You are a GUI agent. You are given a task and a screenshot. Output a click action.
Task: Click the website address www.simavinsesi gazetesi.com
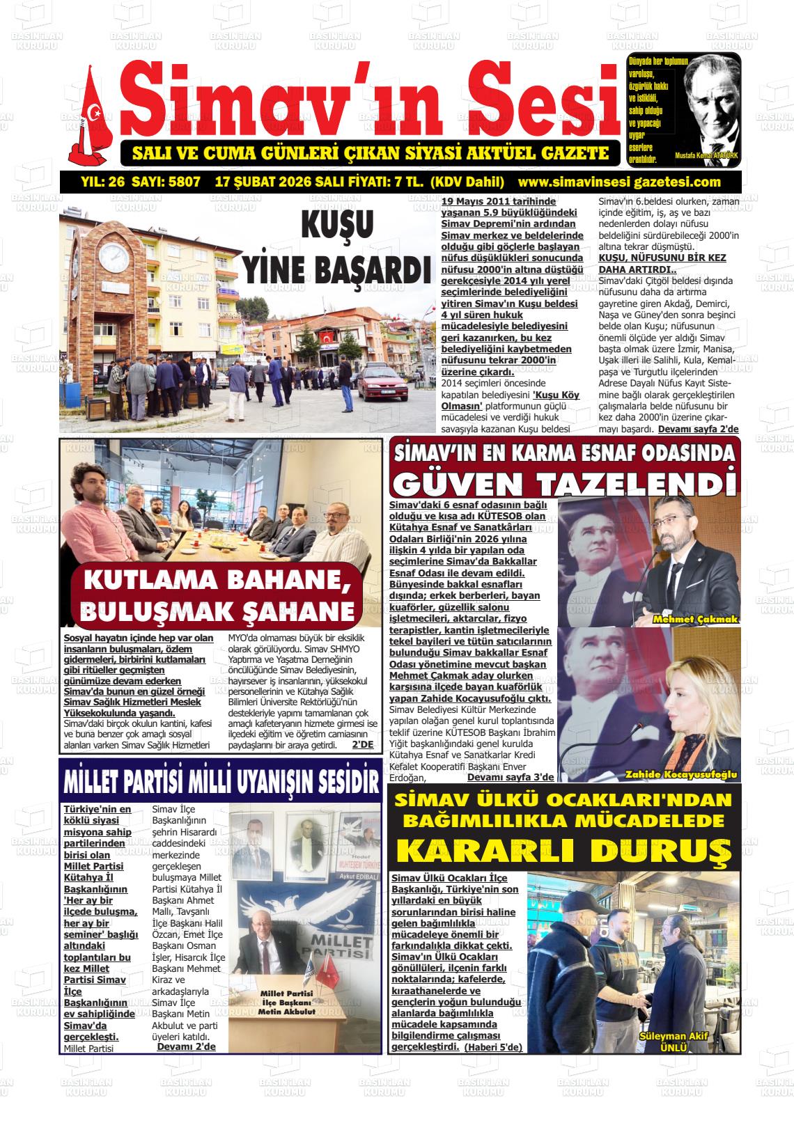coord(619,182)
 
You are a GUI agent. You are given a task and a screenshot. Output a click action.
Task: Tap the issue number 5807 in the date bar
coord(185,182)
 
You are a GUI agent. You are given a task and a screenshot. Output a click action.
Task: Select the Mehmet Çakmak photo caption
coord(694,619)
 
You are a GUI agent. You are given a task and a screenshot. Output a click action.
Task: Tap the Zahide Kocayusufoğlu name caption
coord(681,774)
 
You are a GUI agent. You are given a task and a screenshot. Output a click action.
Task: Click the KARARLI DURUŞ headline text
coord(563,849)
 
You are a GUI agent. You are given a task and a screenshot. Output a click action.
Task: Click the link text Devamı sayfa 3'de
coord(511,777)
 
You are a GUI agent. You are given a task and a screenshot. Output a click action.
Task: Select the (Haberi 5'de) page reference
coord(493,1046)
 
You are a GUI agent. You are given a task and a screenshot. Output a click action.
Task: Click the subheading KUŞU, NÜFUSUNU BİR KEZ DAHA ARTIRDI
coord(662,263)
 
